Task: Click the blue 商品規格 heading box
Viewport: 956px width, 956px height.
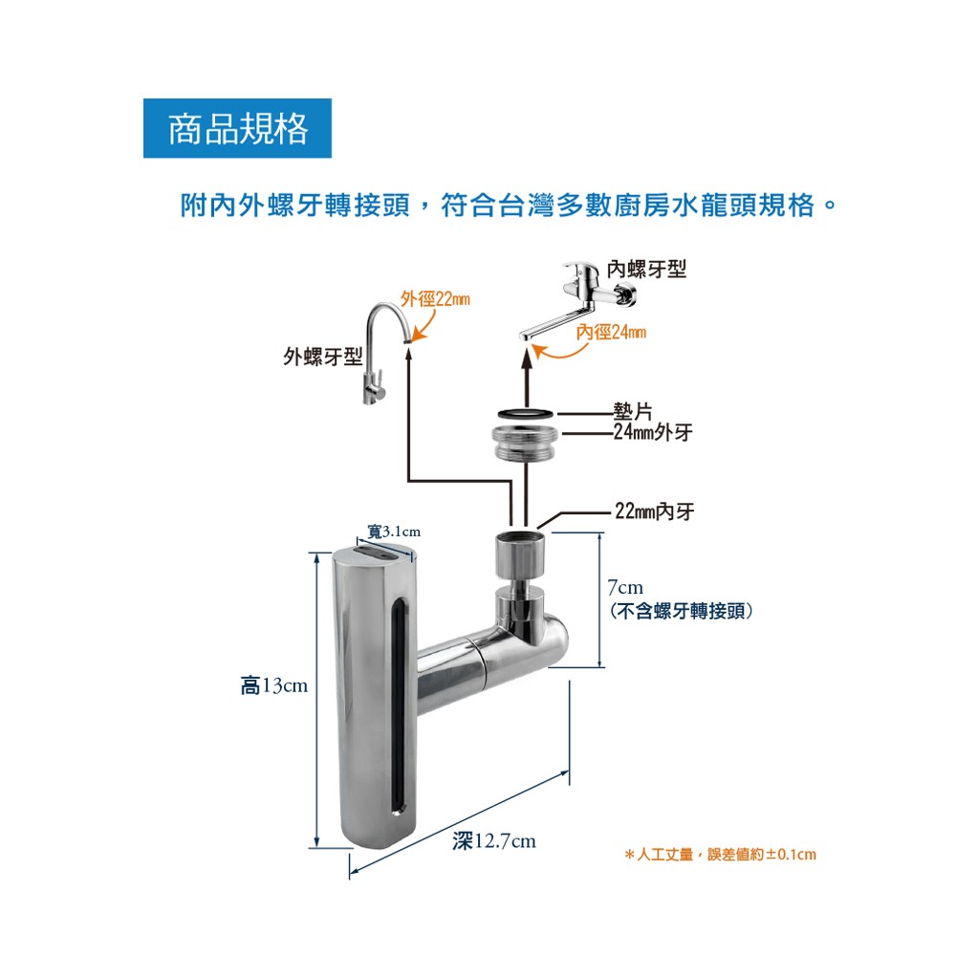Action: coord(237,128)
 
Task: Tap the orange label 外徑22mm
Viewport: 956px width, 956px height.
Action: coord(435,299)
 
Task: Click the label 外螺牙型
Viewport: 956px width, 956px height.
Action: coord(322,358)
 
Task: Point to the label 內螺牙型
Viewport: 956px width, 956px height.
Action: coord(647,270)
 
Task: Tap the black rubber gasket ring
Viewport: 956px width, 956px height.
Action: coord(525,413)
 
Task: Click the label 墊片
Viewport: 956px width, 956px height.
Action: coord(632,412)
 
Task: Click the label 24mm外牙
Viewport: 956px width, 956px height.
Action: coord(653,433)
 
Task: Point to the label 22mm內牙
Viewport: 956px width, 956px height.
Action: coord(654,511)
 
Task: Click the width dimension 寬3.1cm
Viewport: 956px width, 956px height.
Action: coord(394,532)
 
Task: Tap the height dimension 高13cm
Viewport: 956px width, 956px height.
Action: coord(273,685)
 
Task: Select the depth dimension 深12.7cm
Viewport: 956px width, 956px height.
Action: coord(494,841)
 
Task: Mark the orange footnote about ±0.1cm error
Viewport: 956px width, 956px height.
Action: coord(719,854)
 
